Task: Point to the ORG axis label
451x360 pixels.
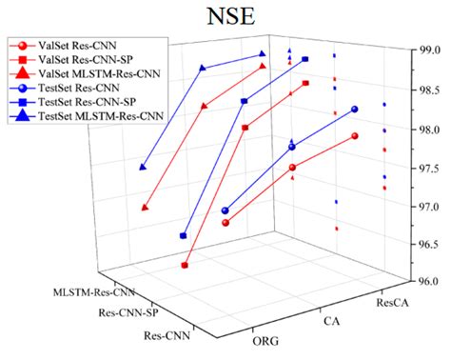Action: (x=265, y=340)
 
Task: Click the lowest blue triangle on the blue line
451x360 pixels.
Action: (x=143, y=167)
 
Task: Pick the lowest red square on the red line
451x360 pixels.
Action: (x=185, y=266)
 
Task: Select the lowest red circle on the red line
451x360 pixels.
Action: (x=225, y=223)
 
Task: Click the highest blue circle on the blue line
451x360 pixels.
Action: (x=355, y=109)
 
